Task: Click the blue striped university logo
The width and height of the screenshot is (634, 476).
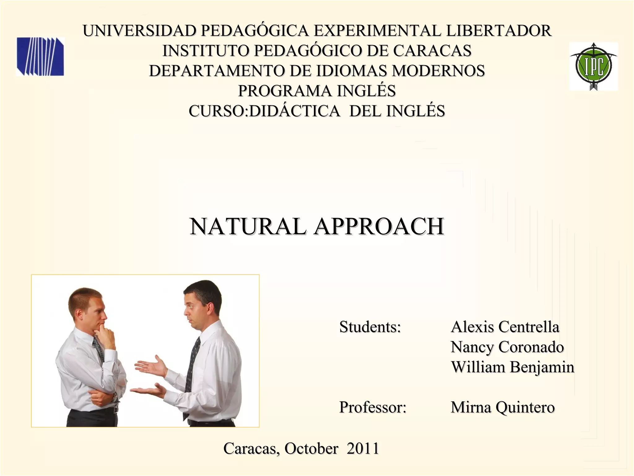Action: [40, 57]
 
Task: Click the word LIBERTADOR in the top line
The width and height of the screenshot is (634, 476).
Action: [499, 31]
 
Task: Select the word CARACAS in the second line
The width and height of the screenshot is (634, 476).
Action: [432, 51]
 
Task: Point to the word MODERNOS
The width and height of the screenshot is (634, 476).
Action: [438, 71]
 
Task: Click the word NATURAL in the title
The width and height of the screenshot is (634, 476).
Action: [248, 227]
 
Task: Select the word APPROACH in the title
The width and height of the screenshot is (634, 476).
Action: [379, 227]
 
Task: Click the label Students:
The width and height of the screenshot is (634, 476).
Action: [370, 327]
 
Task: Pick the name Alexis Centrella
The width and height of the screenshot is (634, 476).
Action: [505, 327]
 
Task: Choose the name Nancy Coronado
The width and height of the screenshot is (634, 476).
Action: [507, 347]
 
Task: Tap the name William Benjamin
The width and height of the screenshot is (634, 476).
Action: [512, 367]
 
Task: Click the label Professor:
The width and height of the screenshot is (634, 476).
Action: [373, 407]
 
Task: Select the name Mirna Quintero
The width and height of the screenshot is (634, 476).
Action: [502, 407]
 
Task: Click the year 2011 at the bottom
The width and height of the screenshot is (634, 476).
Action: [363, 448]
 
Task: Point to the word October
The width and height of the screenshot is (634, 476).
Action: [311, 448]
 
